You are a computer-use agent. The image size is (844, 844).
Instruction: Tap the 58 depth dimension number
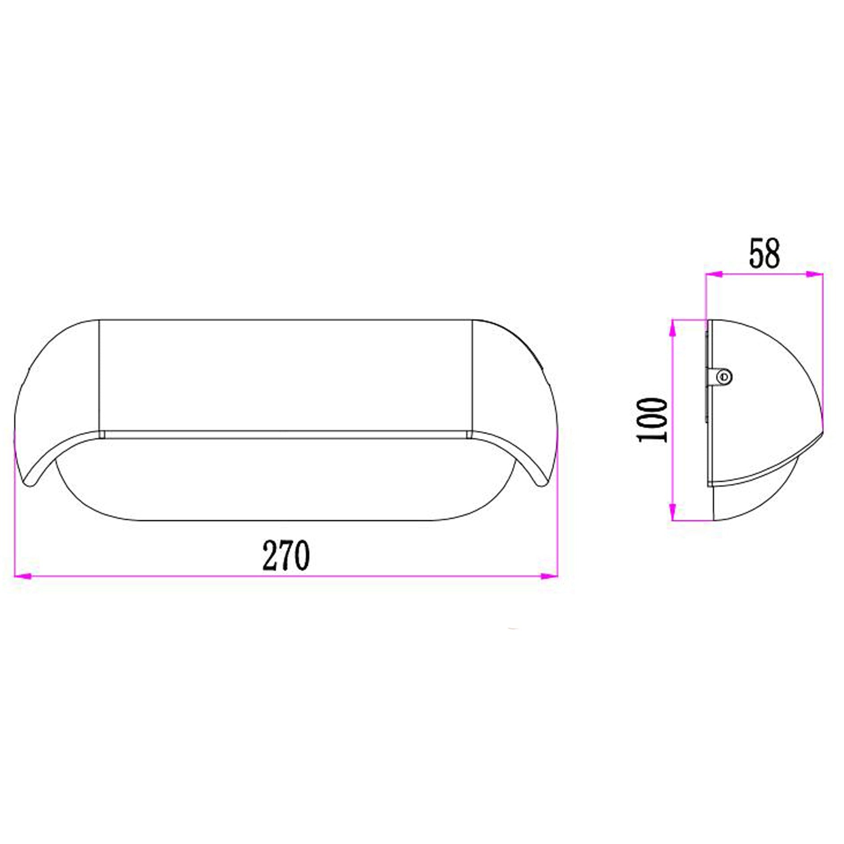coord(765,254)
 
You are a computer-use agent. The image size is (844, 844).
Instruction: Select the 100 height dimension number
coord(652,420)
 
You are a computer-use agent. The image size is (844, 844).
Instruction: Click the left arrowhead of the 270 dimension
coord(23,577)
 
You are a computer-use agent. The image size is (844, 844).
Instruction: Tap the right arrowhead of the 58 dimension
coord(814,275)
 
